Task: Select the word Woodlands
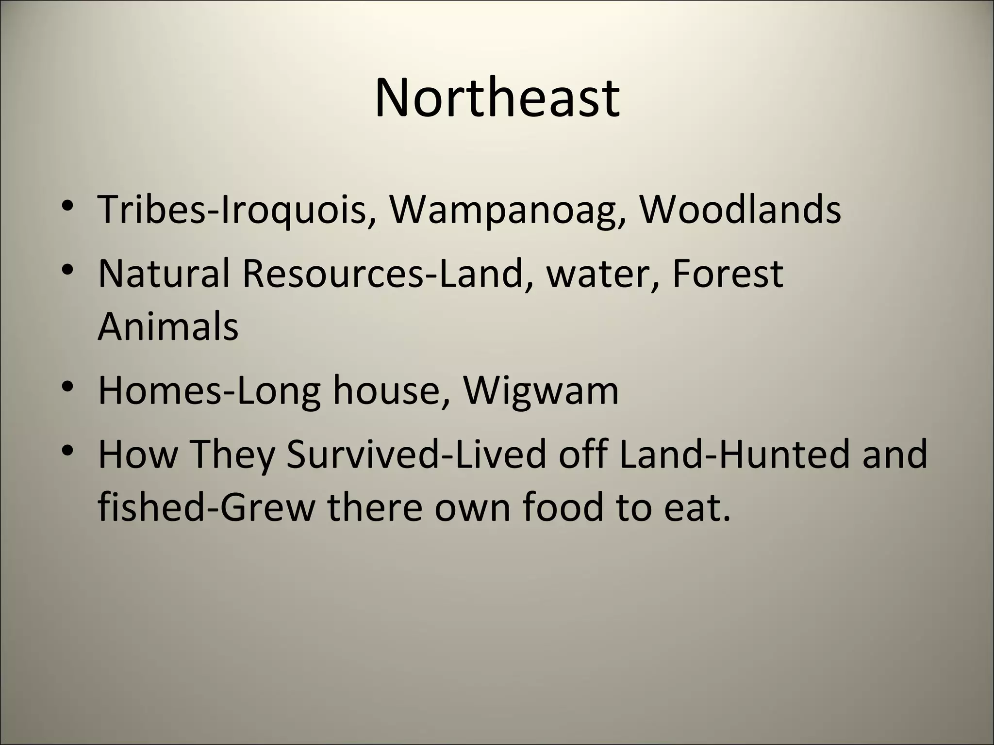pos(739,209)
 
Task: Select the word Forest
pos(728,273)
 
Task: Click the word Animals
pos(168,326)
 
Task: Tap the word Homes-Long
pos(209,391)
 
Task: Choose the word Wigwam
pos(541,391)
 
